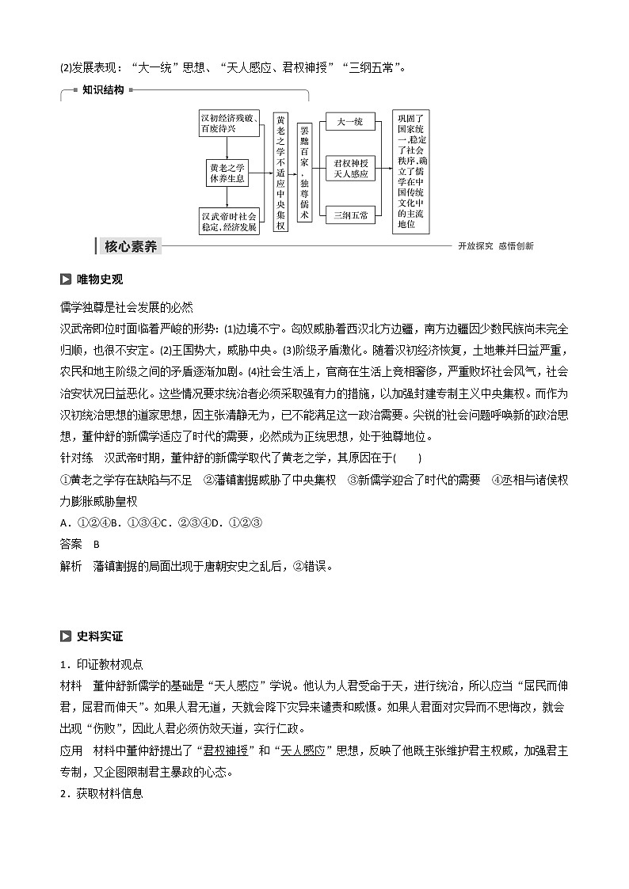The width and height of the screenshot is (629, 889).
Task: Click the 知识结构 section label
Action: click(x=103, y=90)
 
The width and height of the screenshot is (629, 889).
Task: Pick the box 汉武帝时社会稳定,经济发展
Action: click(x=228, y=221)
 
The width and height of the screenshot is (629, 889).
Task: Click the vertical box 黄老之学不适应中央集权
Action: click(x=280, y=172)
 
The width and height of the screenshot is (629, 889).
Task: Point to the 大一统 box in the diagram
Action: click(x=349, y=122)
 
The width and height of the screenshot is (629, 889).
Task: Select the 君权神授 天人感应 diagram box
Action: click(x=349, y=168)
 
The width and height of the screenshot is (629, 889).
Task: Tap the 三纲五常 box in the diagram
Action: click(x=349, y=215)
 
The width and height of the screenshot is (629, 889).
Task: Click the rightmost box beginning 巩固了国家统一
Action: click(x=410, y=171)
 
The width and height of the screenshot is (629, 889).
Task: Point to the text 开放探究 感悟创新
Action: click(x=495, y=246)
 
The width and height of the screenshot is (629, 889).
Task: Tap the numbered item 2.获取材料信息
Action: click(x=101, y=794)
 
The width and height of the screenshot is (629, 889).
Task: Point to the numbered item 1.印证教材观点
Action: click(x=101, y=663)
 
